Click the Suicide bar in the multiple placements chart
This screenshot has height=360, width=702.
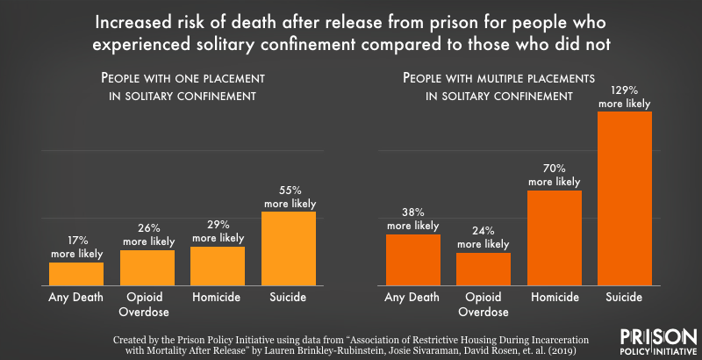click(625, 198)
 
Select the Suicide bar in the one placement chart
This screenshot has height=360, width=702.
click(288, 248)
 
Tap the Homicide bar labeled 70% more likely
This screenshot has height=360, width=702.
click(555, 238)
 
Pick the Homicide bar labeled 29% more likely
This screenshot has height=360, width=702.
click(218, 266)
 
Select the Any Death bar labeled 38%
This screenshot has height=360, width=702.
click(412, 260)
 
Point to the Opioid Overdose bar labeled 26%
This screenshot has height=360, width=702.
click(147, 268)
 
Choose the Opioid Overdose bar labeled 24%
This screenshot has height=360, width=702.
click(483, 269)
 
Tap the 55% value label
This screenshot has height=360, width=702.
click(289, 191)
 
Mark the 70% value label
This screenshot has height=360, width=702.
click(555, 167)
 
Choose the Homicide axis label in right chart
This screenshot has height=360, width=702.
click(555, 298)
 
